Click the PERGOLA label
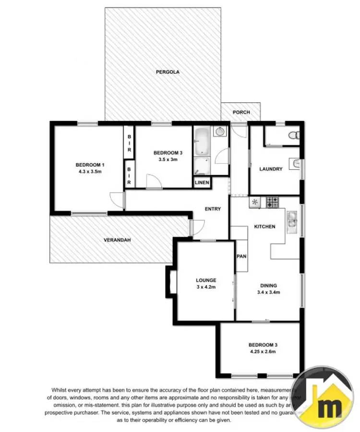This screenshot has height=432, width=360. point(168,72)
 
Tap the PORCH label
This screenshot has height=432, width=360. point(241,112)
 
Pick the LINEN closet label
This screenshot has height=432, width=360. point(202,182)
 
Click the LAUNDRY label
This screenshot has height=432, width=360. point(271,169)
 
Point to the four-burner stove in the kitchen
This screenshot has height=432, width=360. point(272,202)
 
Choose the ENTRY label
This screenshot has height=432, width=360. point(213,209)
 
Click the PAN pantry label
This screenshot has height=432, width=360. point(241,256)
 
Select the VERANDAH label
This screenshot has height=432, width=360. point(117,240)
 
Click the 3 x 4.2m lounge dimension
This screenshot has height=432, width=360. point(206,287)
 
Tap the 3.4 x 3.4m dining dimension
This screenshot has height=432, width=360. point(268,292)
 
